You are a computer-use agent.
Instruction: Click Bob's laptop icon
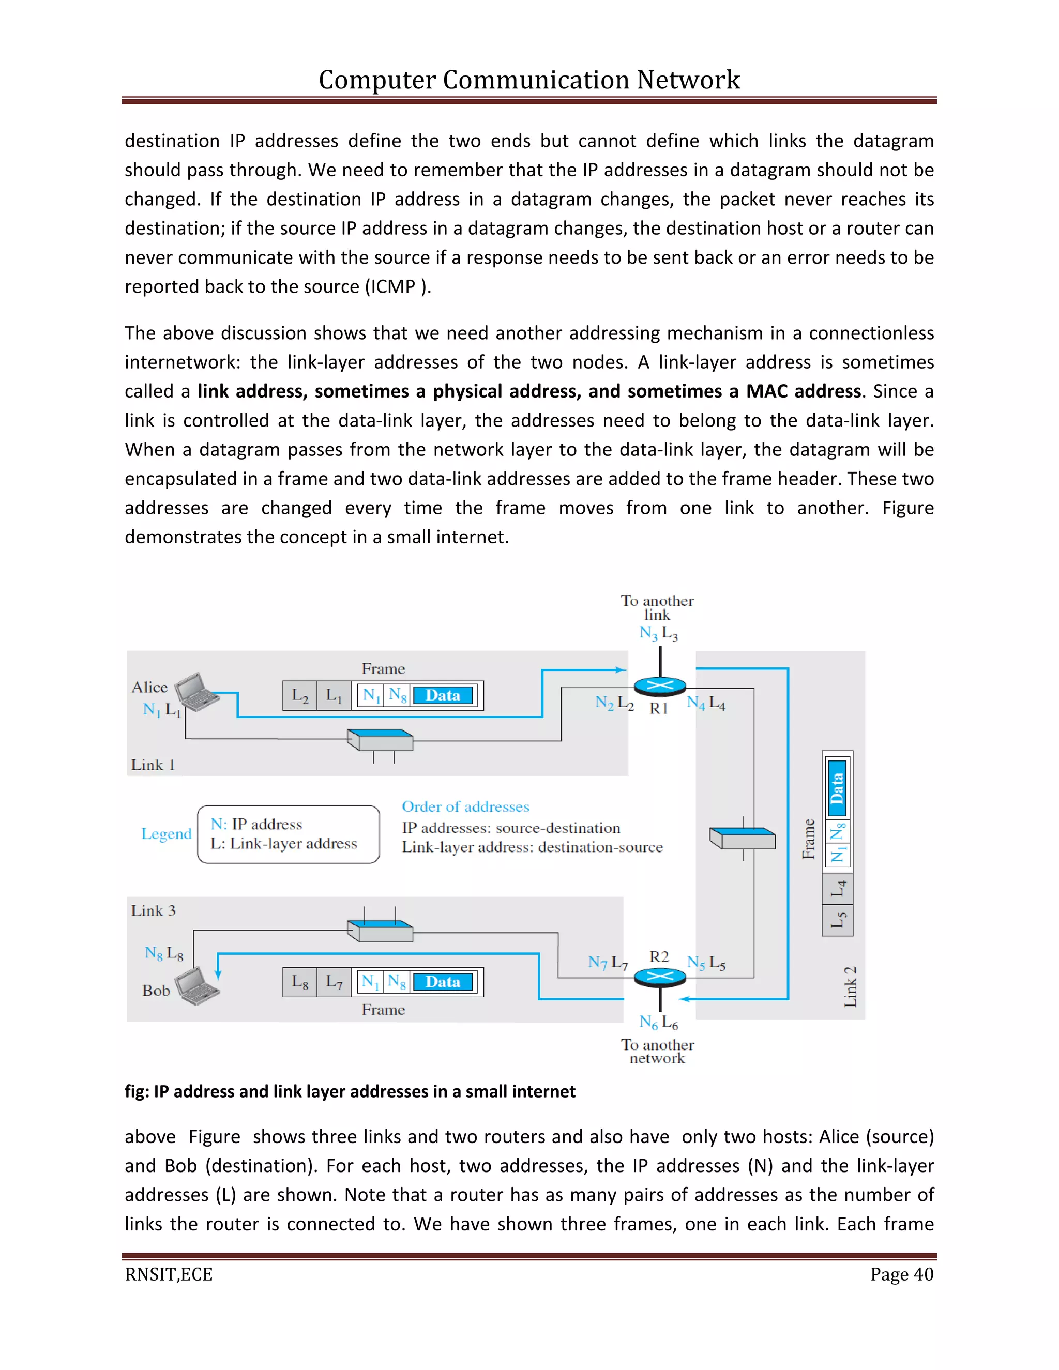pyautogui.click(x=197, y=985)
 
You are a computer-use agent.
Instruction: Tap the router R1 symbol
pyautogui.click(x=659, y=686)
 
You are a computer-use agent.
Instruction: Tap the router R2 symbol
pyautogui.click(x=659, y=977)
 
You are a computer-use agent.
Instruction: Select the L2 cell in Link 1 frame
pyautogui.click(x=300, y=696)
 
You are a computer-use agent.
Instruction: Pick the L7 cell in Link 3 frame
pyautogui.click(x=334, y=982)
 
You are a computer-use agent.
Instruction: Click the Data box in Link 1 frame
pyautogui.click(x=443, y=696)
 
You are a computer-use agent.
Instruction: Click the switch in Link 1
pyautogui.click(x=380, y=740)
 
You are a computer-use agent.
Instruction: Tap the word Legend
pyautogui.click(x=167, y=834)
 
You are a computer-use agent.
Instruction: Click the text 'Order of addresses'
pyautogui.click(x=465, y=806)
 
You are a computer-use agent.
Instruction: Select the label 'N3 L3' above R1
pyautogui.click(x=658, y=633)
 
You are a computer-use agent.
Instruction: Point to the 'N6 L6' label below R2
pyautogui.click(x=658, y=1023)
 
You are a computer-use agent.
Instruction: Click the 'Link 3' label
pyautogui.click(x=153, y=911)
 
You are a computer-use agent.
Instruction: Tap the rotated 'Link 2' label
pyautogui.click(x=850, y=987)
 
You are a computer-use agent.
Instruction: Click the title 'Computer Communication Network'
pyautogui.click(x=529, y=80)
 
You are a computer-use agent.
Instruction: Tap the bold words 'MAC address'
pyautogui.click(x=803, y=391)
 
